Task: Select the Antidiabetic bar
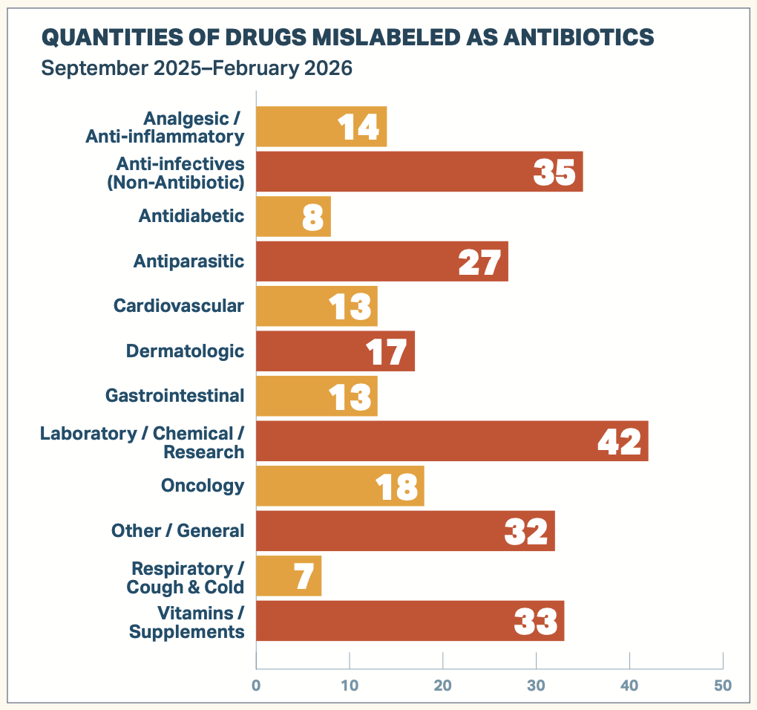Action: [293, 216]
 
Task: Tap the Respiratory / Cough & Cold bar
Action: [289, 576]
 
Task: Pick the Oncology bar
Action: [340, 486]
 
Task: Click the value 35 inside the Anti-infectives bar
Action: [554, 172]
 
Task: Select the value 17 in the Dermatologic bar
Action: [387, 351]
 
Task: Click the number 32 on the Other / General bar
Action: [526, 531]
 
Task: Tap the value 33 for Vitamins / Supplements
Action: [536, 621]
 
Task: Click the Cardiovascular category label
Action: [178, 305]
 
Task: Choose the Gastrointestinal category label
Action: [174, 395]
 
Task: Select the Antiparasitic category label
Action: [189, 261]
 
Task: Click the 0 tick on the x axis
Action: [256, 684]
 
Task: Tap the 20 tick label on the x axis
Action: [443, 684]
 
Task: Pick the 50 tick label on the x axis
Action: [723, 684]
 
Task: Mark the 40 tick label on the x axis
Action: [629, 684]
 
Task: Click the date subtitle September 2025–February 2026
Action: [197, 68]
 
